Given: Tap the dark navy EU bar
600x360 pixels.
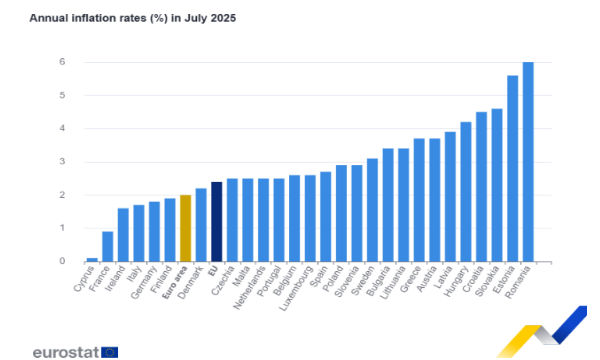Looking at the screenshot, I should (216, 222).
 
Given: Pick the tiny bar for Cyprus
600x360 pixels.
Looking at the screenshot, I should (92, 259).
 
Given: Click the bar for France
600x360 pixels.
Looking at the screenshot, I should (107, 246).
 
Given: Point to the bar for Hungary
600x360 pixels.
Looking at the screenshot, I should (465, 192).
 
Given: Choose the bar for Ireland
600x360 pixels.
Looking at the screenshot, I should (123, 235).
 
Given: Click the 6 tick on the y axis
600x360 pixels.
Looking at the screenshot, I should (63, 62).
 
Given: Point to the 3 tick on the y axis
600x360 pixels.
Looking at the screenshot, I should (63, 162).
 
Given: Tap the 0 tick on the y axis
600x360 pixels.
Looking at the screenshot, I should (63, 262).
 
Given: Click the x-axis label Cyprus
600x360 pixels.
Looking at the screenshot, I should (84, 279).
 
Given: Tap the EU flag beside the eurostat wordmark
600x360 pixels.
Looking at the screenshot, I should (109, 352).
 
